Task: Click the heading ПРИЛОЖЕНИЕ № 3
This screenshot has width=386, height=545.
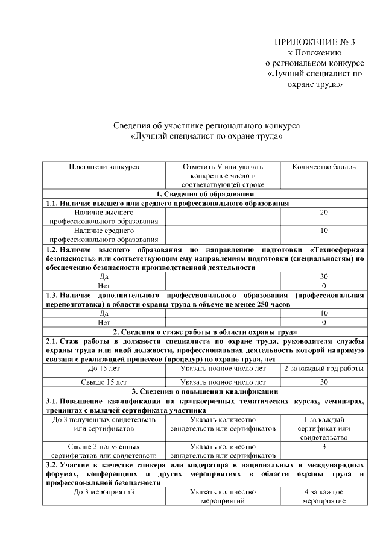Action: [315, 42]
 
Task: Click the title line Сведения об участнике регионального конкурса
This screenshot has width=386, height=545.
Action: [206, 126]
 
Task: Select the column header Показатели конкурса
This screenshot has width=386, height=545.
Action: [104, 167]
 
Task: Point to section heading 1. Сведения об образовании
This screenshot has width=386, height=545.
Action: [205, 194]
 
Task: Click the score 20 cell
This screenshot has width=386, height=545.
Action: [324, 213]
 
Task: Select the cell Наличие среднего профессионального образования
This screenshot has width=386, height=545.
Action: [104, 235]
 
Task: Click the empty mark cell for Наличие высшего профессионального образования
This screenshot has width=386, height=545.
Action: [223, 217]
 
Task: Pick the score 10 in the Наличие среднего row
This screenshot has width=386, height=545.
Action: [324, 231]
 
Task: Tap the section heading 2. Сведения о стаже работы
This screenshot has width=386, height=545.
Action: [205, 332]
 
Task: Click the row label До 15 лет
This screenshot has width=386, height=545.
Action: [104, 369]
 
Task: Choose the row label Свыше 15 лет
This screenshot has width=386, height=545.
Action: [104, 382]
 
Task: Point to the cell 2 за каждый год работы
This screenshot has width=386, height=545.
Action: [324, 369]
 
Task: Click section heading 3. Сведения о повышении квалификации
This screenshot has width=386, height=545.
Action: [205, 391]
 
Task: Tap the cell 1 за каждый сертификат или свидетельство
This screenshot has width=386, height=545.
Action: [324, 428]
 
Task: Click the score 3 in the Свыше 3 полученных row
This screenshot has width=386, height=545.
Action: [324, 447]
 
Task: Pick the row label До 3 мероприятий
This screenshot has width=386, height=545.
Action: [104, 492]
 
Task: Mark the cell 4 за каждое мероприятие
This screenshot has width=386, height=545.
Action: [324, 496]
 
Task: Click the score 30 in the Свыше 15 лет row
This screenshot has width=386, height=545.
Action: [324, 382]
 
